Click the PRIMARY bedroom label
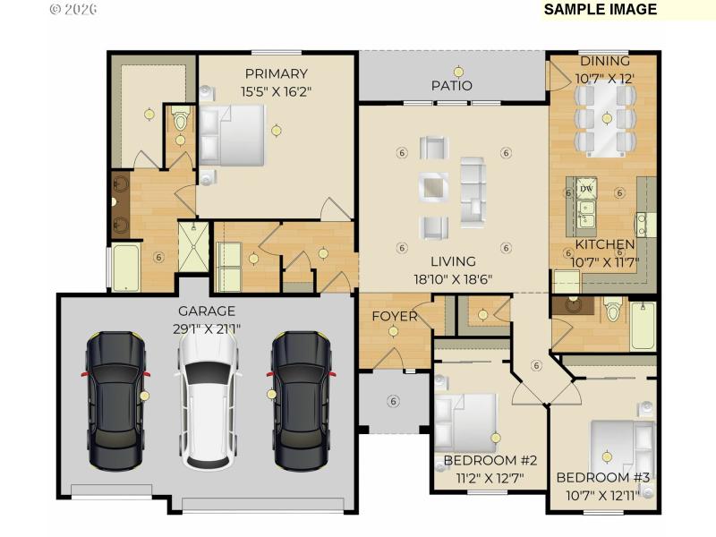pos(276,74)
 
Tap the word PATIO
pos(451,86)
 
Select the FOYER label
pos(394,316)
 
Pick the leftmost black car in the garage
pos(116,401)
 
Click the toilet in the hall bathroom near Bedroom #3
pos(613,311)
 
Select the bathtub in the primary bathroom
pos(125,268)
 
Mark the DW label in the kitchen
pos(586,189)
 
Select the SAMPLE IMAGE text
pos(601,10)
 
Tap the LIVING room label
pos(453,261)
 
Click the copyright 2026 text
pos(72,9)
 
